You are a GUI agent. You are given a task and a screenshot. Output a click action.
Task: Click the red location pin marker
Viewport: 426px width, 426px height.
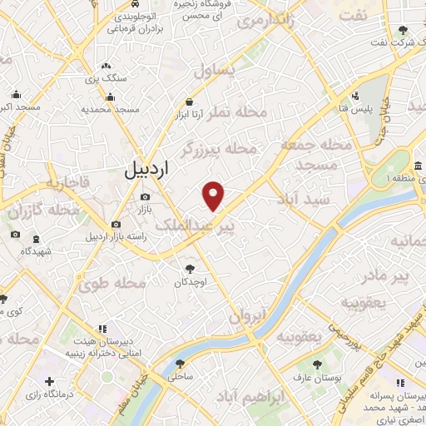[214, 196]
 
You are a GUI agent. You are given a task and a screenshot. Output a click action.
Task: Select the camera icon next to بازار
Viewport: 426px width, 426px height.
[146, 197]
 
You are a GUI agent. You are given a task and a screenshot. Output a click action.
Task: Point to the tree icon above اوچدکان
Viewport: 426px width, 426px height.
[191, 268]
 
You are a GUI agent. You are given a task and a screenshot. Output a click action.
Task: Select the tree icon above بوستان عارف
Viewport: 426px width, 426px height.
[316, 364]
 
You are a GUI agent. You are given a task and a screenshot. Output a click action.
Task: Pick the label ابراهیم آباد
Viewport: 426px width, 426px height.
[260, 398]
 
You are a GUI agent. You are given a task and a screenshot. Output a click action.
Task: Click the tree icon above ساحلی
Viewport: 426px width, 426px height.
[180, 363]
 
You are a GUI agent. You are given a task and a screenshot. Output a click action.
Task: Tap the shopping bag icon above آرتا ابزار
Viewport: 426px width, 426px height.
[190, 102]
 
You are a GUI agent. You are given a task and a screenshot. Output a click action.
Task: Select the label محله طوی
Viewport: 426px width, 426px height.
[113, 283]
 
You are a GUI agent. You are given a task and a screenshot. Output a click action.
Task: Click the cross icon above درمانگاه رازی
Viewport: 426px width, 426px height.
[50, 381]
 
